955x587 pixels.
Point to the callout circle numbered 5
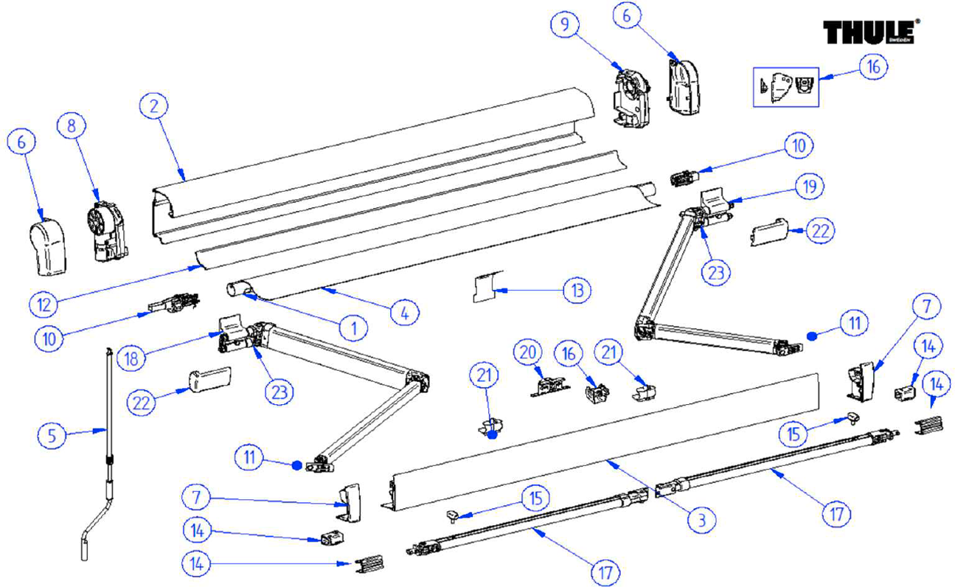[52, 435]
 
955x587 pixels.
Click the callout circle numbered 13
[577, 291]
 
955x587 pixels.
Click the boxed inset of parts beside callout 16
[785, 87]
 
